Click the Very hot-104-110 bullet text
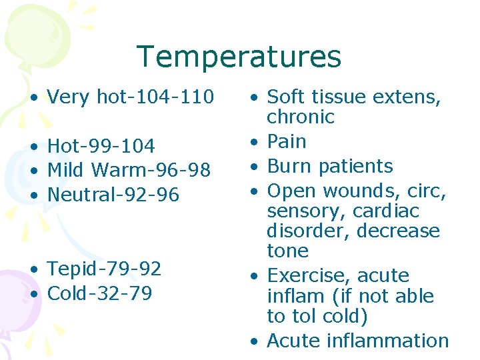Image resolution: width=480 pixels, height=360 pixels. click(x=130, y=97)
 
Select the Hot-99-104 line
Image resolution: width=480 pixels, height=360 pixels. click(x=101, y=146)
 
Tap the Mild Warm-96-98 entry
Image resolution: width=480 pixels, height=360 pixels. click(x=129, y=170)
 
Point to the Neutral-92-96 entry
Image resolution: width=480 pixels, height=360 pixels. click(x=113, y=195)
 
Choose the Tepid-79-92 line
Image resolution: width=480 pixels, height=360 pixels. click(x=104, y=269)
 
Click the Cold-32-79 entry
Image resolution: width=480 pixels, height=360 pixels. click(x=99, y=293)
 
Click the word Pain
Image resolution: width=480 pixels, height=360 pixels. click(x=287, y=141)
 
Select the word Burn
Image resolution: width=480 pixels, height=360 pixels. click(x=287, y=166)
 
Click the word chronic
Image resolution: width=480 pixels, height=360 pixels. click(x=300, y=117)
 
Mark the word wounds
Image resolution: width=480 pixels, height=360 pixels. click(x=354, y=191)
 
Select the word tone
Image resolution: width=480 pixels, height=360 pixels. click(x=287, y=251)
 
